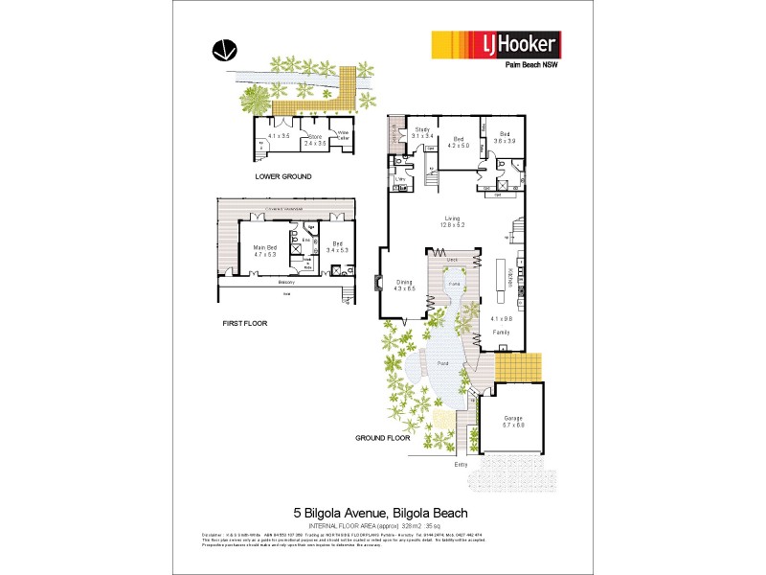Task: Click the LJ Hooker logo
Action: coord(495,45)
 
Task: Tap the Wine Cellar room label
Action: coord(342,135)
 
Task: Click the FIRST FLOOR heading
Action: coord(244,324)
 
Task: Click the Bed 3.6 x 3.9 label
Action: coord(504,137)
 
